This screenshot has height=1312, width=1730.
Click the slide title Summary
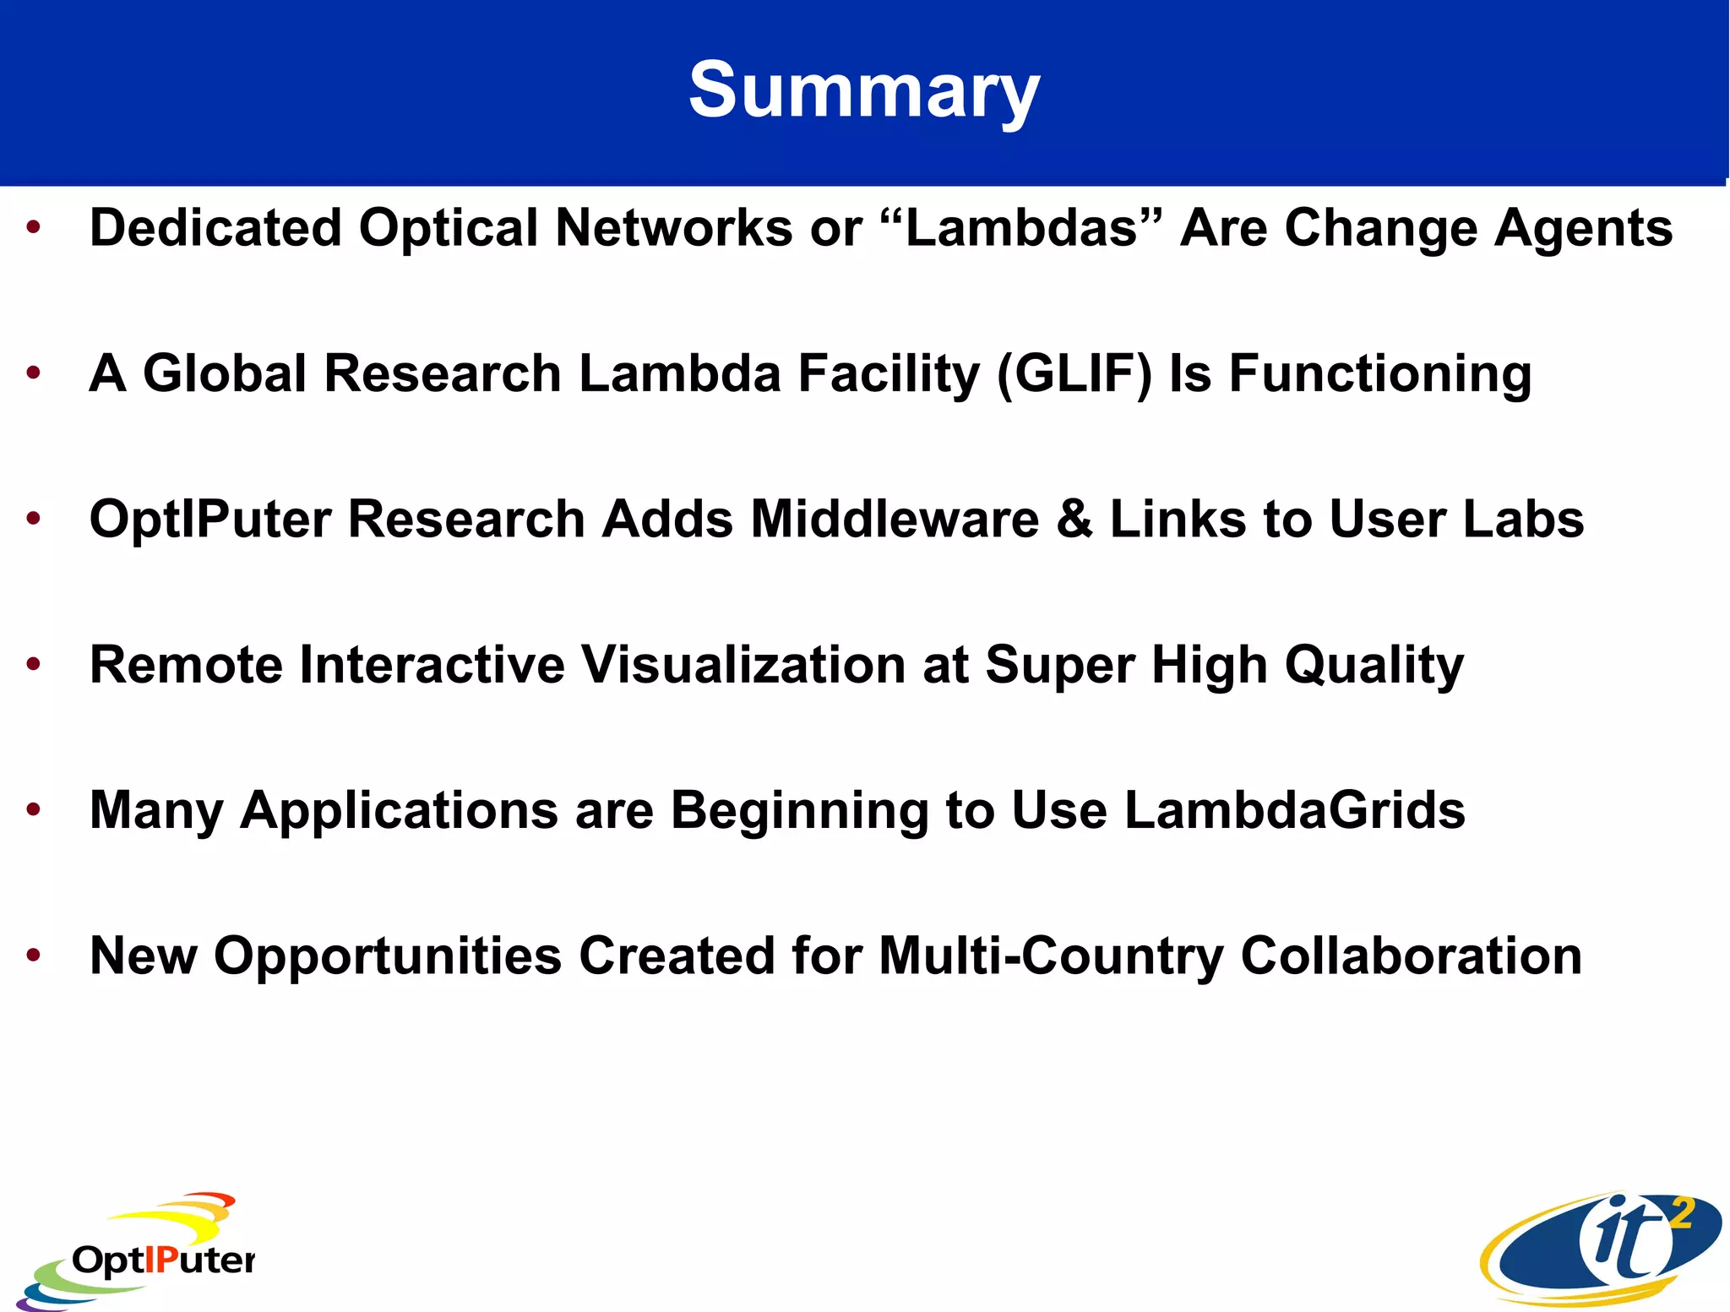(x=864, y=91)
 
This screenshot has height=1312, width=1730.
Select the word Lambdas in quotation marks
(x=1021, y=228)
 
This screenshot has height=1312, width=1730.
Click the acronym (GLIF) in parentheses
(x=1074, y=374)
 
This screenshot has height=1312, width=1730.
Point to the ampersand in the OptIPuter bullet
(x=1074, y=519)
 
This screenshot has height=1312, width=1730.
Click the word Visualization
(x=744, y=665)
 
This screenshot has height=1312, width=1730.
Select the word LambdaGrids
(x=1295, y=810)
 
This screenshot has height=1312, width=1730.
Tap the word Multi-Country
(x=1051, y=956)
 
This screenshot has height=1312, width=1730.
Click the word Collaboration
(x=1411, y=956)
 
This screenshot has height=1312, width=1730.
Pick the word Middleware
(x=895, y=519)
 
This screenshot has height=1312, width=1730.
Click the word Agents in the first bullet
(x=1583, y=230)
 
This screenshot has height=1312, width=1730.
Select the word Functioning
(x=1379, y=374)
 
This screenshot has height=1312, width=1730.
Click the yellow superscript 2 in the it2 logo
(x=1682, y=1214)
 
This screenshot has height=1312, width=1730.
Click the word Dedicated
(x=215, y=228)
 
